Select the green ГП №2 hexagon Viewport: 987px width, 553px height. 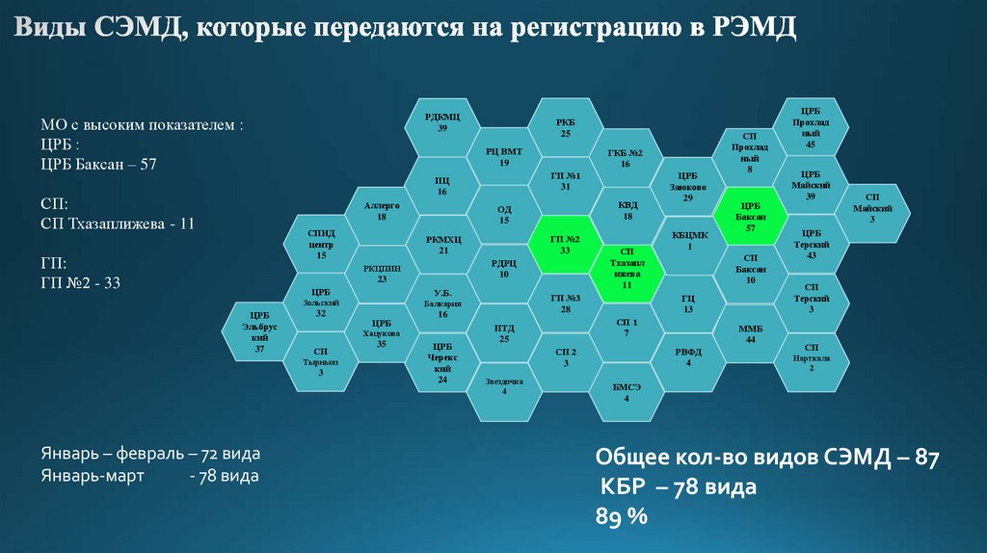tap(565, 243)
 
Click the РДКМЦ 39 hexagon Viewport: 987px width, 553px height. tap(442, 122)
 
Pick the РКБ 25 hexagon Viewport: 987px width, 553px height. tap(566, 128)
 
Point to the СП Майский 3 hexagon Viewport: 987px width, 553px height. tap(872, 214)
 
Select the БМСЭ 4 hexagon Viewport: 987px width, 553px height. tap(627, 391)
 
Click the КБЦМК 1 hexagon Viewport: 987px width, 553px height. tap(689, 240)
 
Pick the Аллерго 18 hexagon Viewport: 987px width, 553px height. tap(382, 211)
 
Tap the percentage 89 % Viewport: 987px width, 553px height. tap(621, 516)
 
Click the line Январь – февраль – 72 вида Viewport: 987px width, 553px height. tap(150, 453)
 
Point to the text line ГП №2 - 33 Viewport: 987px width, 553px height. tap(81, 282)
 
